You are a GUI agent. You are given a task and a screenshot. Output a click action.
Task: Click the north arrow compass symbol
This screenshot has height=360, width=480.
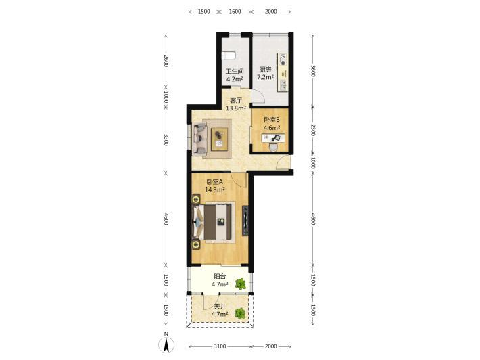coord(166,345)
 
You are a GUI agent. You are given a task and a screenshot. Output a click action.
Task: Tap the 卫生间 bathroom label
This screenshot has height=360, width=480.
coord(235,72)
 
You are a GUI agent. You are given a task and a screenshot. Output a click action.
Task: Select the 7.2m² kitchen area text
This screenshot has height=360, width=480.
coord(265,77)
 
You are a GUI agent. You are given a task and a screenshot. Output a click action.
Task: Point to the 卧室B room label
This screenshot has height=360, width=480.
coord(272,120)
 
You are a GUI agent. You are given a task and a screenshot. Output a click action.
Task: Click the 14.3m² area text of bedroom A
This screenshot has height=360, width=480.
coord(215,189)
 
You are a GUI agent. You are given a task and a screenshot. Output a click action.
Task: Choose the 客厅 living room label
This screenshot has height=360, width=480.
coord(236,100)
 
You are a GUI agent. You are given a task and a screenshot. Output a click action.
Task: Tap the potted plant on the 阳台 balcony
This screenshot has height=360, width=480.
coord(241,284)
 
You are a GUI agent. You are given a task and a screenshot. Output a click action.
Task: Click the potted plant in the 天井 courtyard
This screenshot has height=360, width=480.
coord(240,313)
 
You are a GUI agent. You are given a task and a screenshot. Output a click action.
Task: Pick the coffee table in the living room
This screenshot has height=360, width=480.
coord(220,139)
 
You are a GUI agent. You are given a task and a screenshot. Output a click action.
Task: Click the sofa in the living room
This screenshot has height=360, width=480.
coord(199,139)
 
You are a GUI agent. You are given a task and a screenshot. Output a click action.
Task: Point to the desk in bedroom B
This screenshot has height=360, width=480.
coord(273,138)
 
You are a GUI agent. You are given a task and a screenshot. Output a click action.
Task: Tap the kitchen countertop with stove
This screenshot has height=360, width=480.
coord(283,72)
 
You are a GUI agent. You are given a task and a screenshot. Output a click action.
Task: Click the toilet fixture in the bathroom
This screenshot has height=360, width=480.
coord(229,55)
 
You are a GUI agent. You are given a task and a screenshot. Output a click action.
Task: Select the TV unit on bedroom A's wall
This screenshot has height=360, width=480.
coord(245,221)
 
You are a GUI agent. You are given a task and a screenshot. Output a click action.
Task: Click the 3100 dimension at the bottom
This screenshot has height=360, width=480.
coord(220,346)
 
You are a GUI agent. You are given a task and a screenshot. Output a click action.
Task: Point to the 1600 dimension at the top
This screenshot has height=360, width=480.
coord(235,12)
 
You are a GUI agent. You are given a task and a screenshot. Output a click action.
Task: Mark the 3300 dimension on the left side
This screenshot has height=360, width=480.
coord(166,139)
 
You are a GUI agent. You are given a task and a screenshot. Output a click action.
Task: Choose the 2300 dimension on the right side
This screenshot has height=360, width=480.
coord(313,130)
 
